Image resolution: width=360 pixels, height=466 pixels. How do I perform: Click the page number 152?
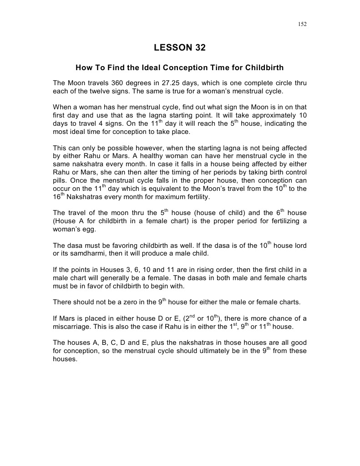(302, 24)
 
